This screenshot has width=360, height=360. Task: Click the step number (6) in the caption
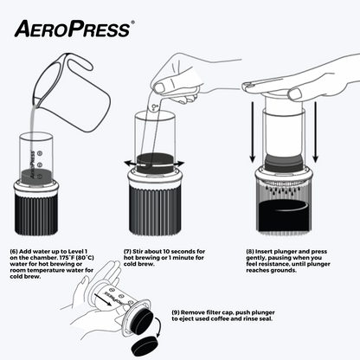coord(14,251)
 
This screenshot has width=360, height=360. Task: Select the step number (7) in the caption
coord(127,251)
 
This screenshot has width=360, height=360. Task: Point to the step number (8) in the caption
coord(250,252)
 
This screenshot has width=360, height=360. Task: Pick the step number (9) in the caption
coord(176,312)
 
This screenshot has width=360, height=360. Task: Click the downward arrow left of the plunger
coord(253,132)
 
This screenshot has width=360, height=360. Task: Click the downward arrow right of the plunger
coord(315,132)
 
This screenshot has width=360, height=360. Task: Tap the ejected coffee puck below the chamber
coord(145,346)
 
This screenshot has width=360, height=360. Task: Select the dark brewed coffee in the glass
coord(284,215)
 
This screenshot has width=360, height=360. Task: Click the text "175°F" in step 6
coord(64,258)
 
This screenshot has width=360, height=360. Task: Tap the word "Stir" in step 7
coord(138,251)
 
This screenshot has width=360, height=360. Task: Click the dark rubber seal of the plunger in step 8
coord(284,163)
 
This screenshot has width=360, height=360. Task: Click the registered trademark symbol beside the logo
coord(132,22)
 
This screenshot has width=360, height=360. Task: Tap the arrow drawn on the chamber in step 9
coord(103,299)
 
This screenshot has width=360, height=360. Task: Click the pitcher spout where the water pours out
coord(36,101)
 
